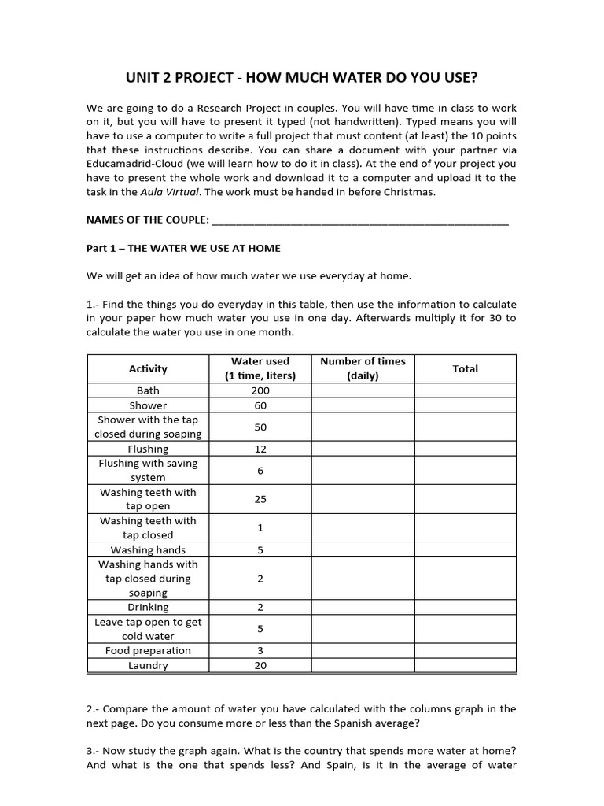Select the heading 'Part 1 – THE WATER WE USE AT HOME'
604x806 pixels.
point(182,248)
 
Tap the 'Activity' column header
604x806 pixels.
point(148,368)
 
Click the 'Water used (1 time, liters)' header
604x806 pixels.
point(260,368)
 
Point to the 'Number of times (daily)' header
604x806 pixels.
point(363,368)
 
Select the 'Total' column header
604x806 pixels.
point(465,368)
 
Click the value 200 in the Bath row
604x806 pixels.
point(260,390)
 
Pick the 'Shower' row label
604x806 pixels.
point(148,405)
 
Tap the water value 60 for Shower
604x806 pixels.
point(260,405)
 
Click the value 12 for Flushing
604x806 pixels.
point(260,449)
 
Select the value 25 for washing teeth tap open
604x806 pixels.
point(260,499)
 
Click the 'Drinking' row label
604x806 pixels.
point(148,607)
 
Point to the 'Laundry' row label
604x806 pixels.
point(148,665)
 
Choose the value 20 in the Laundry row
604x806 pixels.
point(260,665)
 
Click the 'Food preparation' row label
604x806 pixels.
point(148,650)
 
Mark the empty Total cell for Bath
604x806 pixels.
point(465,390)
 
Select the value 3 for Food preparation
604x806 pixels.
point(260,650)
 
